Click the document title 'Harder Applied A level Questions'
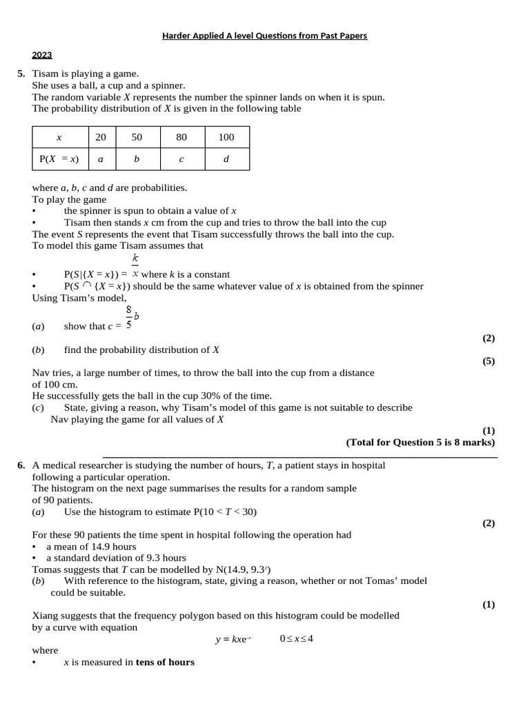tap(265, 36)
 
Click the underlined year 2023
tap(42, 55)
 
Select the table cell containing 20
tap(101, 137)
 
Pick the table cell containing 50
tap(137, 137)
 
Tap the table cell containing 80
tap(181, 137)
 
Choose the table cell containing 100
tap(226, 137)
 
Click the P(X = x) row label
tap(59, 159)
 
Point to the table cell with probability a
tap(101, 159)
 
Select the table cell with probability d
tap(226, 159)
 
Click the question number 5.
tap(21, 74)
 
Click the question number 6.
tap(21, 465)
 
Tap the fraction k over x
tap(135, 266)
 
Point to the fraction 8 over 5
tap(129, 319)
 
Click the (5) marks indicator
tap(488, 361)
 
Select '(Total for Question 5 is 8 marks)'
tap(420, 443)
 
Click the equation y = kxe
tap(233, 639)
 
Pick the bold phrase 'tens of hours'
tap(165, 663)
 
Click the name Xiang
tap(45, 616)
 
